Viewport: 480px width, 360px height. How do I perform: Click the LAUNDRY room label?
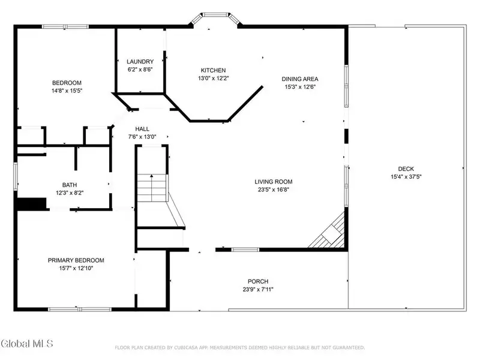pyautogui.click(x=140, y=62)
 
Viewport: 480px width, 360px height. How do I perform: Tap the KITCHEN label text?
pyautogui.click(x=214, y=70)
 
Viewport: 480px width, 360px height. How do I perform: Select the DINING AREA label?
pyautogui.click(x=300, y=79)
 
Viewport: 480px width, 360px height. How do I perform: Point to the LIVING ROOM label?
pyautogui.click(x=274, y=182)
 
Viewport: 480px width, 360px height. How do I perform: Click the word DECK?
pyautogui.click(x=406, y=169)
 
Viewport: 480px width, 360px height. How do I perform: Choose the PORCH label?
pyautogui.click(x=258, y=281)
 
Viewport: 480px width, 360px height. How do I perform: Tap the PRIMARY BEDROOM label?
pyautogui.click(x=76, y=260)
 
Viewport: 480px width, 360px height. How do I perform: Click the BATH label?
pyautogui.click(x=70, y=185)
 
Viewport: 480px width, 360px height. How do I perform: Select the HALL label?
pyautogui.click(x=142, y=129)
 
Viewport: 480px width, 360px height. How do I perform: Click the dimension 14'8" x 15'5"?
pyautogui.click(x=67, y=91)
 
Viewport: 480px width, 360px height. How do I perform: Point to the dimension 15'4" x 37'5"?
pyautogui.click(x=406, y=176)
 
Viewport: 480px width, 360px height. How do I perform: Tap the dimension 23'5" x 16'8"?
pyautogui.click(x=274, y=190)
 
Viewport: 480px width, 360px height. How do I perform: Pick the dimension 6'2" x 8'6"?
pyautogui.click(x=140, y=70)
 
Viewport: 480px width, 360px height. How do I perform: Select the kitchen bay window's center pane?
pyautogui.click(x=215, y=14)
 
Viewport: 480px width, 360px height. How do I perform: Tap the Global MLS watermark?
pyautogui.click(x=26, y=343)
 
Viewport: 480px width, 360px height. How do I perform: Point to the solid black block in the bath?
pyautogui.click(x=32, y=204)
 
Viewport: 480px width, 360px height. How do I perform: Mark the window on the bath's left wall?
pyautogui.click(x=16, y=176)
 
